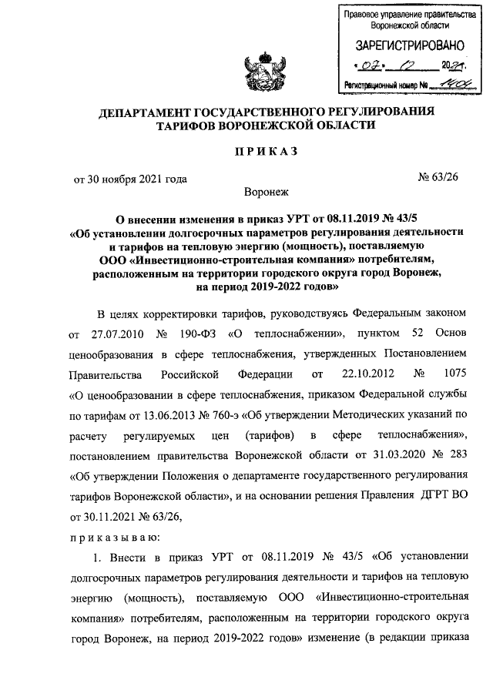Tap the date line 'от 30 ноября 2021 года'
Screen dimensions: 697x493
click(131, 180)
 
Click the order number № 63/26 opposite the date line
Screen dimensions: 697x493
click(441, 180)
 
